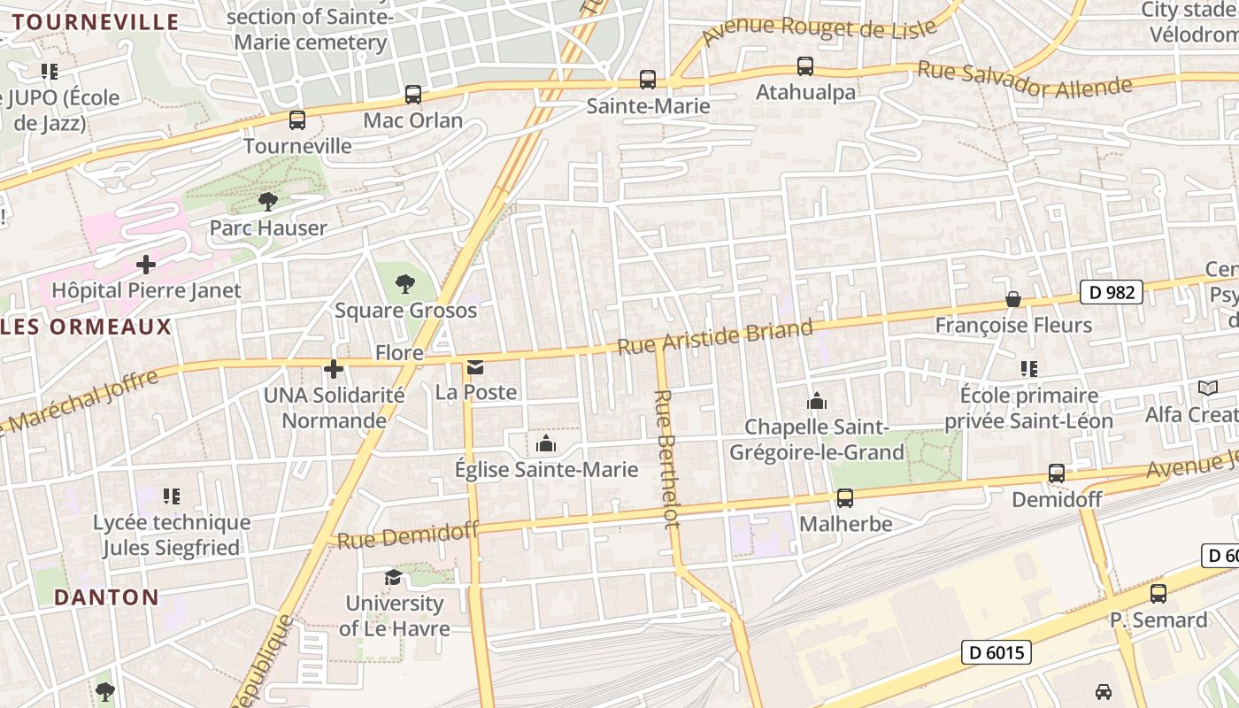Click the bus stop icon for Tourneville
pos(297,119)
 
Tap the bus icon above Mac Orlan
pos(413,94)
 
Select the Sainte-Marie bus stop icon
pos(648,80)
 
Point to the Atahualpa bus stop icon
pos(805,65)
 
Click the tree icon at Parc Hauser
pos(267,202)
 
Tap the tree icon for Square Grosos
pos(405,284)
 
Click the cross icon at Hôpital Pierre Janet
pos(146,264)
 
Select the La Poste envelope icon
pos(475,366)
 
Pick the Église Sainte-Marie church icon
pos(546,442)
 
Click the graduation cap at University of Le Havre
pos(393,577)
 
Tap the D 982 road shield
pos(1111,292)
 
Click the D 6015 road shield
pos(996,653)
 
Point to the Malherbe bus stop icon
pos(845,498)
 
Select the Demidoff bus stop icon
pos(1056,473)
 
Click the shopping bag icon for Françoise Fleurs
pos(1013,299)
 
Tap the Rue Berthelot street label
pos(667,458)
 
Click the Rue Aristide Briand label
pos(714,336)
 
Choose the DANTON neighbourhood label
pos(106,597)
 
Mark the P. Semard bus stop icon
pos(1158,594)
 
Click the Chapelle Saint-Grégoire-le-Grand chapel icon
pos(817,402)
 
